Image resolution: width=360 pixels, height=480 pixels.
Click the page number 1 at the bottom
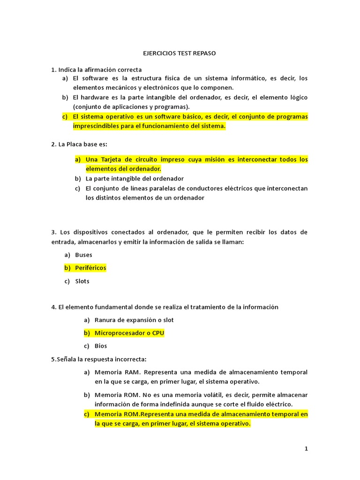click(306, 449)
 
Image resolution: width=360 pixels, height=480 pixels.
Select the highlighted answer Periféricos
click(90, 268)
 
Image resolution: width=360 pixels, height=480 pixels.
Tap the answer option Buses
click(83, 255)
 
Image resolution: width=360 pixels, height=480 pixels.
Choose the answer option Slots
click(82, 281)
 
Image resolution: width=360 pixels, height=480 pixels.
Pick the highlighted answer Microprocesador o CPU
click(129, 333)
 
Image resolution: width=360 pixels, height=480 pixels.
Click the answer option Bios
click(101, 346)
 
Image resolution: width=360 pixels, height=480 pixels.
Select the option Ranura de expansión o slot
click(134, 320)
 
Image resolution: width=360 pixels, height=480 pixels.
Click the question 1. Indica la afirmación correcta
click(96, 70)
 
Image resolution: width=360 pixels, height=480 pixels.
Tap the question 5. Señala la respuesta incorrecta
click(99, 359)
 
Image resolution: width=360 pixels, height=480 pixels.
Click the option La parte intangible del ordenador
click(135, 179)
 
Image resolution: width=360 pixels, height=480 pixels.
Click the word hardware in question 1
click(97, 97)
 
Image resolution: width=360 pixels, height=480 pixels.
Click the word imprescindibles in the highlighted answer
click(95, 126)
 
